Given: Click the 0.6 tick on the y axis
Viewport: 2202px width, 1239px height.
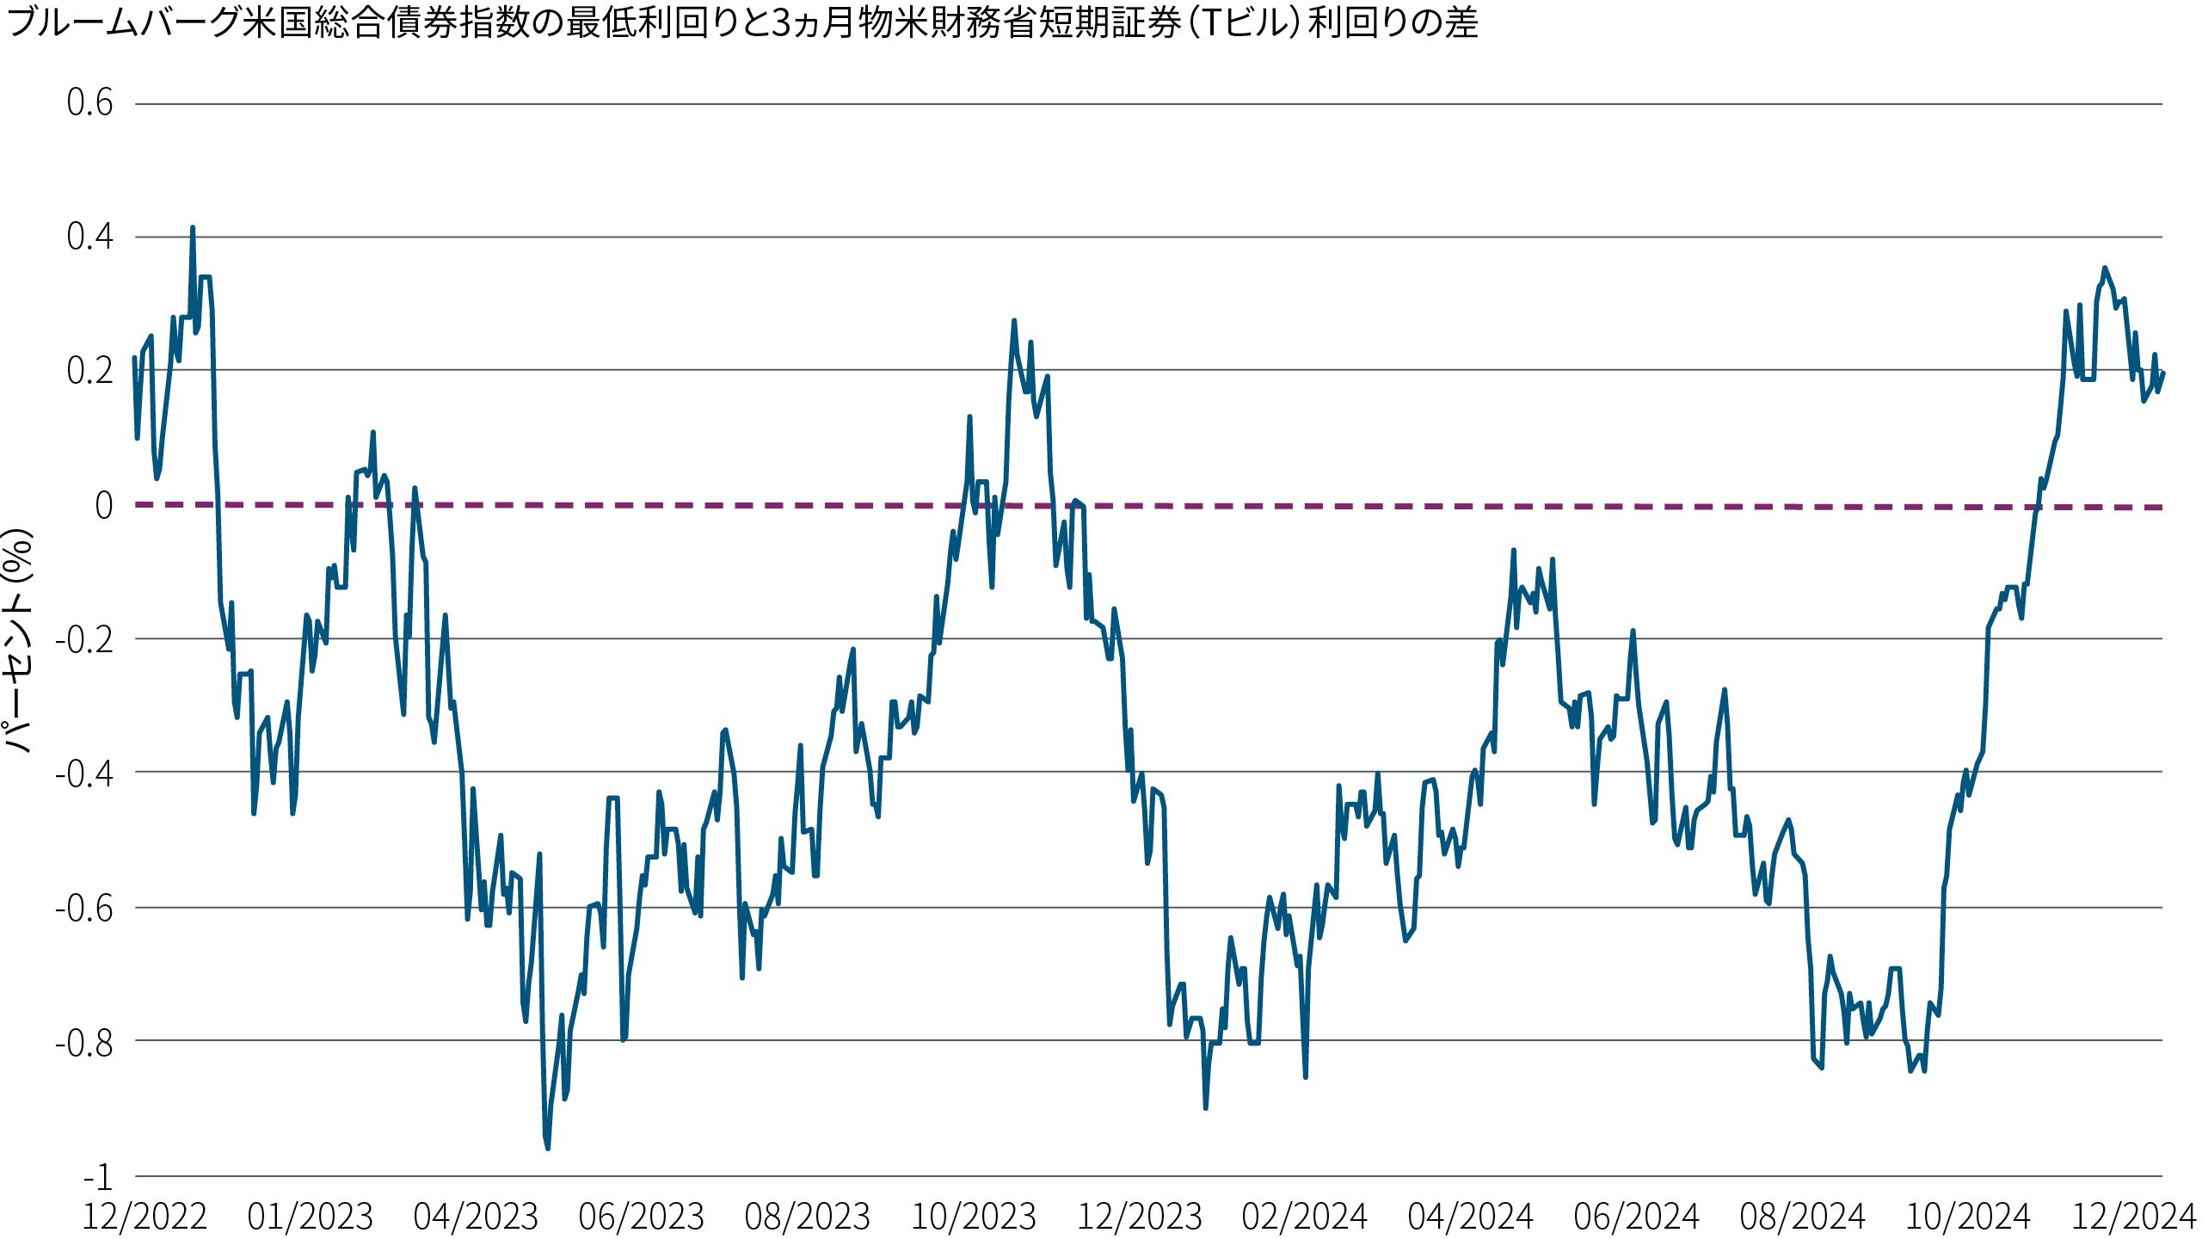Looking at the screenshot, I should pyautogui.click(x=89, y=103).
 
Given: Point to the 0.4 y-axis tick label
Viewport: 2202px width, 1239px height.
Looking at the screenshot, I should pyautogui.click(x=89, y=237).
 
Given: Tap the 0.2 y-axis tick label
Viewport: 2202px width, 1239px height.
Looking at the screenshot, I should pyautogui.click(x=89, y=371).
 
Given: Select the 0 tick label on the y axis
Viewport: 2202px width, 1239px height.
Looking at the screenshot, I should pyautogui.click(x=103, y=505).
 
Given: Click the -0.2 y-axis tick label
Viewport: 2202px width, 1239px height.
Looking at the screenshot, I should pyautogui.click(x=84, y=639).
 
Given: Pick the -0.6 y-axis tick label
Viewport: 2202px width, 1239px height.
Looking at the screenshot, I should pyautogui.click(x=84, y=908).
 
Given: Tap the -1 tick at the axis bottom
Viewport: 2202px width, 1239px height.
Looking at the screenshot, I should pyautogui.click(x=98, y=1176).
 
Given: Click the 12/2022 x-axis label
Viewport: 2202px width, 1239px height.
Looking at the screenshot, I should pyautogui.click(x=145, y=1217).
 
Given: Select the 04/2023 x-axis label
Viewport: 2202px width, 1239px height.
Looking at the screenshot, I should pyautogui.click(x=476, y=1217).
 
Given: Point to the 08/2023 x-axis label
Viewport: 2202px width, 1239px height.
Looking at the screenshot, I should pyautogui.click(x=808, y=1217).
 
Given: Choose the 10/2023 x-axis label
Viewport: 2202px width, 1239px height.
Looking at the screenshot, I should pyautogui.click(x=974, y=1217).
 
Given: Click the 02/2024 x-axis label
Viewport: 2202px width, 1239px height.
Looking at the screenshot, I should pyautogui.click(x=1305, y=1217).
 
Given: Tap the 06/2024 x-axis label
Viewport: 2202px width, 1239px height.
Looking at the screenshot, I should pyautogui.click(x=1637, y=1217).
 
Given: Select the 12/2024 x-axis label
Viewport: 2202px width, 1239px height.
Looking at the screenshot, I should pyautogui.click(x=2134, y=1217).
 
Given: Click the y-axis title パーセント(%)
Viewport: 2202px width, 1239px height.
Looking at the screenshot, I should pyautogui.click(x=19, y=641).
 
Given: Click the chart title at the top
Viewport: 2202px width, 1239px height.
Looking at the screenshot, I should pyautogui.click(x=741, y=23).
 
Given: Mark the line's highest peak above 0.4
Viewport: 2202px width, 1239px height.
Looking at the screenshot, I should pyautogui.click(x=193, y=229).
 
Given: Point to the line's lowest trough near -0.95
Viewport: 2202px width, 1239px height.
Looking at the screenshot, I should pyautogui.click(x=548, y=1148).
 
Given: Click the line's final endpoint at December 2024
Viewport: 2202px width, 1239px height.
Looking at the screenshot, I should pyautogui.click(x=2162, y=373).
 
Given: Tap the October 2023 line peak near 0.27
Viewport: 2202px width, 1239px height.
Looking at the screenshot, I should pyautogui.click(x=1014, y=321).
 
